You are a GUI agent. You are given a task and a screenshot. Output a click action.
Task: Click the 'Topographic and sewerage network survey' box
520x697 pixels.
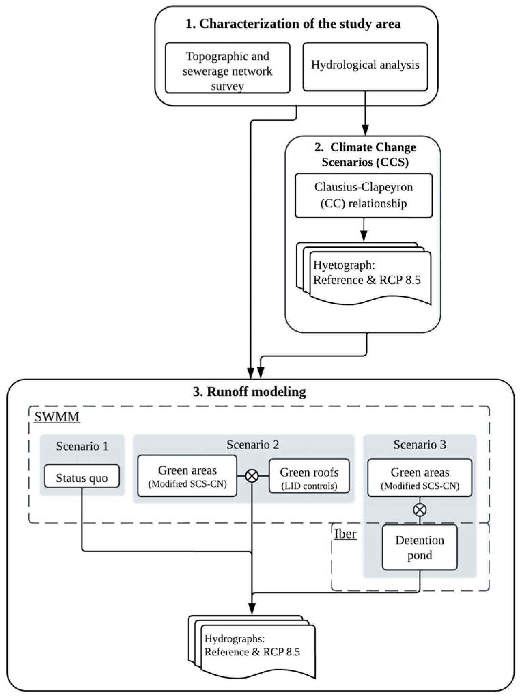(227, 68)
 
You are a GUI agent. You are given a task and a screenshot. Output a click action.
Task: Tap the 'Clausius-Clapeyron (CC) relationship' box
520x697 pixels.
(364, 195)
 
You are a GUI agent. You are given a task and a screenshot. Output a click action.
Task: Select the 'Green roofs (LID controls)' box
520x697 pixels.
(309, 476)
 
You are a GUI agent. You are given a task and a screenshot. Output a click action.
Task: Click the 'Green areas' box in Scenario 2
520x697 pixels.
(187, 476)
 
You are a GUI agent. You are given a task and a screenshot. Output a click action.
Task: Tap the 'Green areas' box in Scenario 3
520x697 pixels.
(420, 477)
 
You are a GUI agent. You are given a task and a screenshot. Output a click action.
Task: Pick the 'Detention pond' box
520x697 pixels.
(420, 547)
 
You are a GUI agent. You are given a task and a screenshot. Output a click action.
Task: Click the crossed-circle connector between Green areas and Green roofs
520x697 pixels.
(252, 475)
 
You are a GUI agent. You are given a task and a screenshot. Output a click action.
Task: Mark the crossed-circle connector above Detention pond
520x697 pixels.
(420, 510)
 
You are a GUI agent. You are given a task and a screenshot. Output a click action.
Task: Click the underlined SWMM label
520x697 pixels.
(57, 417)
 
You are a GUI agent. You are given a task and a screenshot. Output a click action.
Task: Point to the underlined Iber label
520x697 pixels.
(345, 534)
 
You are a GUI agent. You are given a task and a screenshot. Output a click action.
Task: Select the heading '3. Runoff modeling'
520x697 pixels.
(249, 392)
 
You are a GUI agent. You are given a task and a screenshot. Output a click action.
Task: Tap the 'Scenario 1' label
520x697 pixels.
(82, 446)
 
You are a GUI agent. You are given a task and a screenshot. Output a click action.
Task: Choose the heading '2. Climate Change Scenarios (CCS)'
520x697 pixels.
(365, 154)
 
